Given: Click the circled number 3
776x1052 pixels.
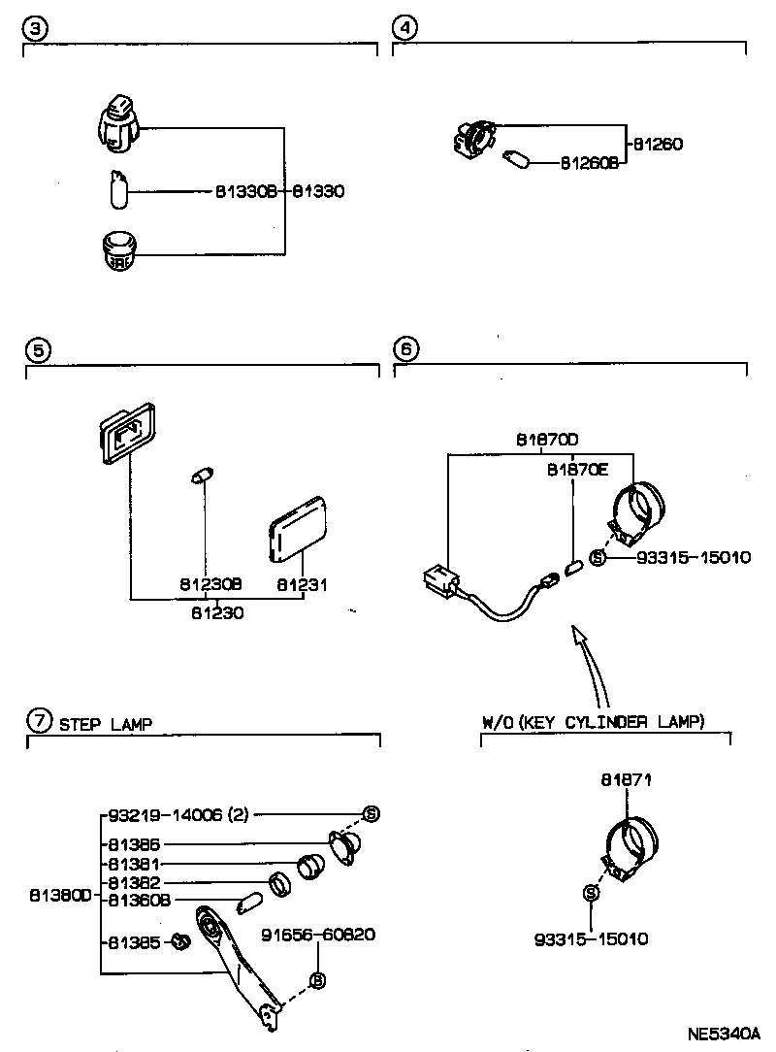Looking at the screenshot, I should point(35,29).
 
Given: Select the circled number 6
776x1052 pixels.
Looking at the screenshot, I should point(406,349).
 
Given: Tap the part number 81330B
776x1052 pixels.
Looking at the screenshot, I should point(246,192).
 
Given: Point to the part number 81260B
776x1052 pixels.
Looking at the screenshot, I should point(590,163).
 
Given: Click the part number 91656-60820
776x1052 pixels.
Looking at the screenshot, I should point(318,935).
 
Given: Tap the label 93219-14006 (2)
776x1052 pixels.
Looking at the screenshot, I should point(165,814).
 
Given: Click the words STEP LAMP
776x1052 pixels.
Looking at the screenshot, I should point(106,723).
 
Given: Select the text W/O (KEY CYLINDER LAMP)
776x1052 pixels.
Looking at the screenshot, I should point(593,722).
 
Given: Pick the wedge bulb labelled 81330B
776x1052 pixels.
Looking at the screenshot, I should point(117,190).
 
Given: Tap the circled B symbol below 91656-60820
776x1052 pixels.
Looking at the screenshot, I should point(316,981).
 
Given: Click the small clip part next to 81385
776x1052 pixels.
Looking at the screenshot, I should point(178,939).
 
